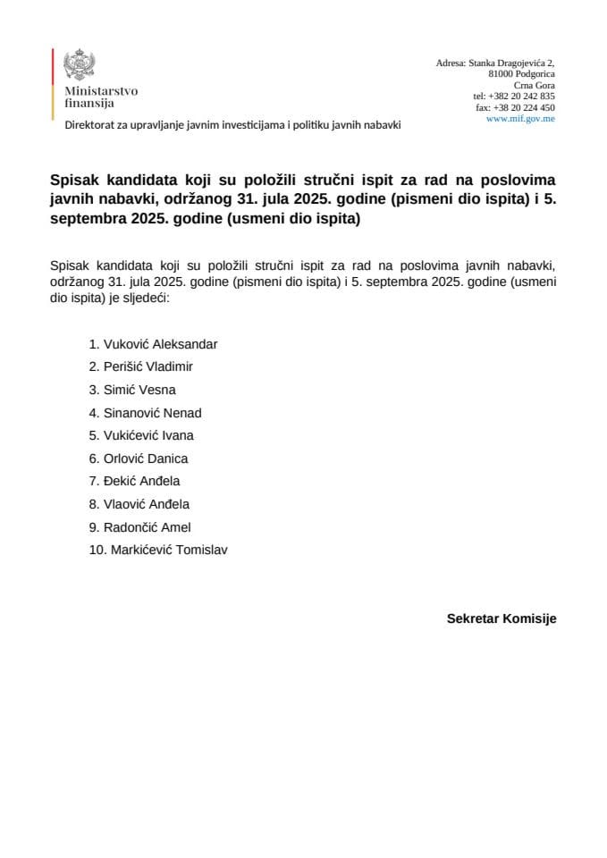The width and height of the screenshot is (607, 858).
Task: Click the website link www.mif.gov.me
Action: [x=520, y=119]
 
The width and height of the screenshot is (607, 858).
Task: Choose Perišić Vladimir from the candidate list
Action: [x=148, y=366]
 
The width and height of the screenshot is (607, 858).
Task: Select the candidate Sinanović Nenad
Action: [x=152, y=413]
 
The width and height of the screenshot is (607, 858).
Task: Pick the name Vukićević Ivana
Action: [x=148, y=435]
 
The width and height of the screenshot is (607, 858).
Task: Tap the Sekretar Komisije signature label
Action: [x=502, y=618]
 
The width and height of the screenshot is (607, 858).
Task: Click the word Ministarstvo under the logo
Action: [x=101, y=91]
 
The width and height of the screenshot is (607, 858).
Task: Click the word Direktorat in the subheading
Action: [x=92, y=125]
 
